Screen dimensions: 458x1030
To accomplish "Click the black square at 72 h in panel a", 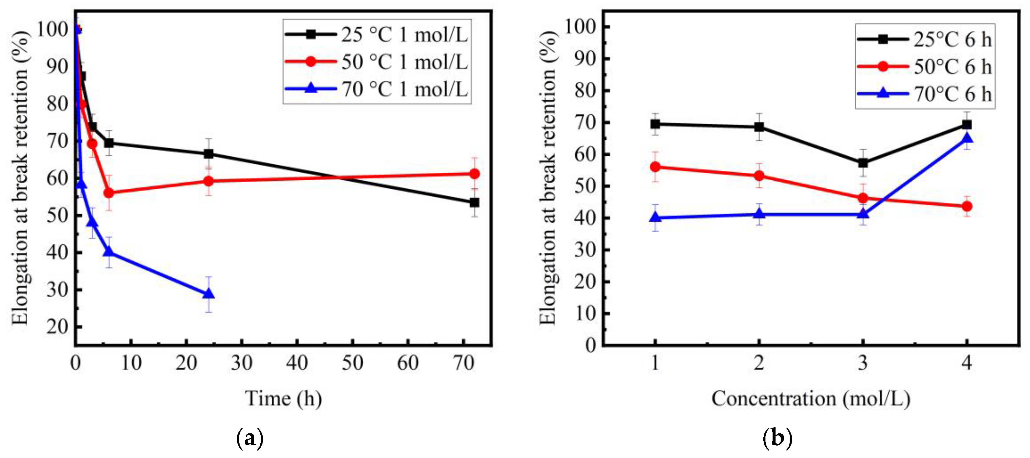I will point(474,202).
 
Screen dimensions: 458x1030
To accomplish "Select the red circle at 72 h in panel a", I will point(474,174).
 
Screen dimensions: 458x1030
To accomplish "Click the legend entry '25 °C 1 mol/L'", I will point(404,35).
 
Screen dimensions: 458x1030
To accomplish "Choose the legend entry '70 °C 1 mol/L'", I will point(404,89).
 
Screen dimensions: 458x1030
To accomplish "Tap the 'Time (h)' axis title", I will point(284,398).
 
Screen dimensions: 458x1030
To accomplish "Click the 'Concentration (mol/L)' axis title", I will point(811,398).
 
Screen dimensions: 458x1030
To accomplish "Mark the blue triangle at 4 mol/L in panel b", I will point(967,139).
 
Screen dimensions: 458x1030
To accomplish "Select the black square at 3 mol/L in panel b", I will point(863,163).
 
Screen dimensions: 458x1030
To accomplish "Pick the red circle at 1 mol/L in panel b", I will point(655,167).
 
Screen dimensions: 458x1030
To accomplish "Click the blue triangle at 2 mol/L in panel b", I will point(759,214).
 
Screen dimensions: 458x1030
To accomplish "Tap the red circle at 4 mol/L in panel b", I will point(967,206).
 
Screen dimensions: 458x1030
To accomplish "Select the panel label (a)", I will point(250,438).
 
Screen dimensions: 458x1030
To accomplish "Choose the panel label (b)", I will point(777,438).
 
